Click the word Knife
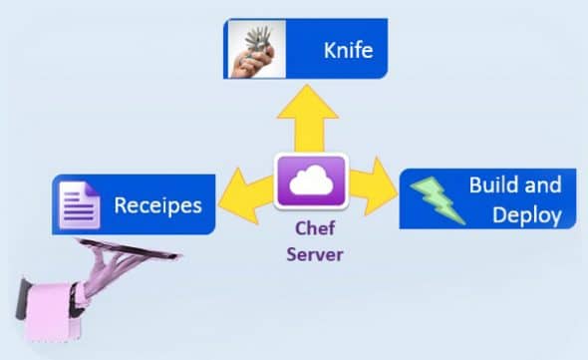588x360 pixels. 347,49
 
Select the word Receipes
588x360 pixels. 157,205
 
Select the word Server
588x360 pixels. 315,253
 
